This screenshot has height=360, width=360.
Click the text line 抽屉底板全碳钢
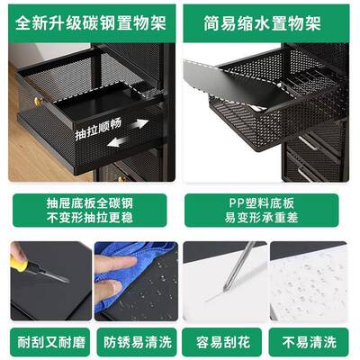[x=89, y=203]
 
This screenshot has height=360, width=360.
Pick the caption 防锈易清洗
[x=135, y=342]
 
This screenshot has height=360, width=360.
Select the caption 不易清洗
[x=313, y=342]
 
